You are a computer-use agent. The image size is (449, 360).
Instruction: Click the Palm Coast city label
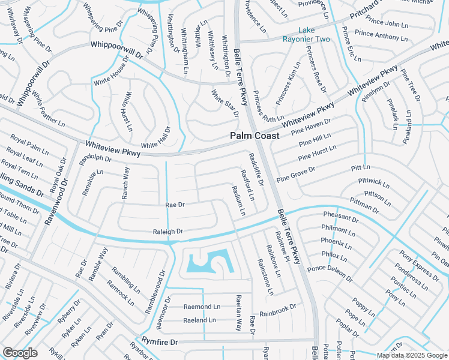[255, 136]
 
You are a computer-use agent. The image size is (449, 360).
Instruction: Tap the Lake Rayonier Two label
[306, 35]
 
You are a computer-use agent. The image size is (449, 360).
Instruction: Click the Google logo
[20, 353]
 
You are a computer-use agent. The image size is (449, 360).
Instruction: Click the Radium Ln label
[238, 200]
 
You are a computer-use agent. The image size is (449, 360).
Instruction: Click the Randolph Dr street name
[96, 158]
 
